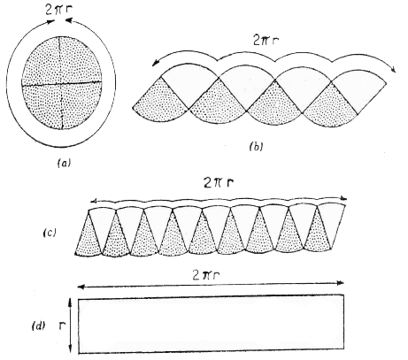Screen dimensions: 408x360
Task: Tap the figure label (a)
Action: click(64, 163)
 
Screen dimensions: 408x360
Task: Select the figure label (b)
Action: click(256, 146)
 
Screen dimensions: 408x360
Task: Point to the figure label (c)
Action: click(50, 233)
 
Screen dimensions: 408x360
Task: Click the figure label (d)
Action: click(38, 326)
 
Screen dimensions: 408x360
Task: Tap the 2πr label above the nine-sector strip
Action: click(219, 183)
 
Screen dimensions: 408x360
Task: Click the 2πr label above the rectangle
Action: click(206, 275)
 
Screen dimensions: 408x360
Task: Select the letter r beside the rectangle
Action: click(62, 326)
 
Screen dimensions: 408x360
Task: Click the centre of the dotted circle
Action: click(61, 84)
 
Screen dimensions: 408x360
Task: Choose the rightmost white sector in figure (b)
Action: click(358, 90)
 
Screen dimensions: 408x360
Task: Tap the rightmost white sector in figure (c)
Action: click(329, 223)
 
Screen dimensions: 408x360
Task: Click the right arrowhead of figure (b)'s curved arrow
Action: click(394, 69)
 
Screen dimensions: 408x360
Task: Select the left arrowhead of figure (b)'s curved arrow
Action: click(155, 62)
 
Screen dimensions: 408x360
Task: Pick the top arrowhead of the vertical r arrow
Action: click(70, 301)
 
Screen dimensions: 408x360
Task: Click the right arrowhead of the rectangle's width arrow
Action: click(341, 283)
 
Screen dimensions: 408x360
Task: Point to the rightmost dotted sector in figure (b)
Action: click(331, 106)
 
